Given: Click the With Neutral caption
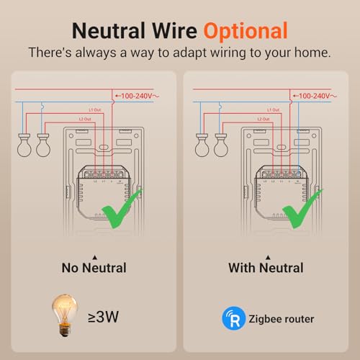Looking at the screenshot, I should pyautogui.click(x=266, y=268).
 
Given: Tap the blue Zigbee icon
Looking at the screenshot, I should pyautogui.click(x=232, y=318).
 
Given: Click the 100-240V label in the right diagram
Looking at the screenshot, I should pyautogui.click(x=315, y=95).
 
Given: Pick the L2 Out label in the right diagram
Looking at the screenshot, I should pyautogui.click(x=259, y=118).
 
